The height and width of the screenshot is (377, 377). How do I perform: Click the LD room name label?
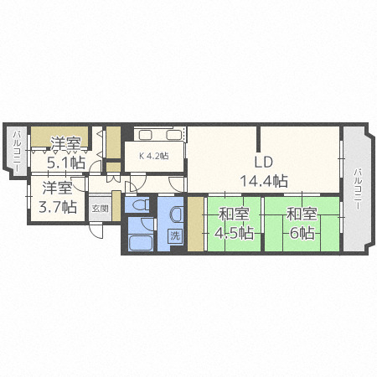pyautogui.click(x=263, y=162)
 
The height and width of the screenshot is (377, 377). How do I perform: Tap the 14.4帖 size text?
pyautogui.click(x=264, y=181)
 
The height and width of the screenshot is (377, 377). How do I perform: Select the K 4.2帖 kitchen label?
pyautogui.click(x=154, y=156)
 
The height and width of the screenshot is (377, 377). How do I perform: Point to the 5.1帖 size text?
pyautogui.click(x=66, y=163)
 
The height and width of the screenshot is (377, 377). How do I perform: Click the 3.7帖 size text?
pyautogui.click(x=58, y=207)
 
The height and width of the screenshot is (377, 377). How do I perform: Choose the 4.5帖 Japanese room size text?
pyautogui.click(x=234, y=233)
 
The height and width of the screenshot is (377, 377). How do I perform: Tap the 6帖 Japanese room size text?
pyautogui.click(x=302, y=233)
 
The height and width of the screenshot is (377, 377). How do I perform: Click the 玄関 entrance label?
pyautogui.click(x=101, y=209)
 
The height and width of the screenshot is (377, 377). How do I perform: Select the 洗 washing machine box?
pyautogui.click(x=175, y=236)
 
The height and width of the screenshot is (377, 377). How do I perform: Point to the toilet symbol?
pyautogui.click(x=140, y=204)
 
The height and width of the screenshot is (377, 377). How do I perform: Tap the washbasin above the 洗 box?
pyautogui.click(x=176, y=214)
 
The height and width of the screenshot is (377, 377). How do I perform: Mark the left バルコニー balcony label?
pyautogui.click(x=17, y=151)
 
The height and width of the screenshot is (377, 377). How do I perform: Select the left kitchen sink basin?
pyautogui.click(x=145, y=135)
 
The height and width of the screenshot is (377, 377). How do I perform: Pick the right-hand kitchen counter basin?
pyautogui.click(x=173, y=135)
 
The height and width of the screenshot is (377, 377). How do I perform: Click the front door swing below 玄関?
pyautogui.click(x=96, y=231)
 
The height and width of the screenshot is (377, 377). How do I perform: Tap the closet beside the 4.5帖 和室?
pyautogui.click(x=195, y=224)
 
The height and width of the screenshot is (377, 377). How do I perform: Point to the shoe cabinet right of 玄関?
pyautogui.click(x=116, y=206)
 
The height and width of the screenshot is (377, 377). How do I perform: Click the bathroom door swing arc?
pyautogui.click(x=147, y=224)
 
